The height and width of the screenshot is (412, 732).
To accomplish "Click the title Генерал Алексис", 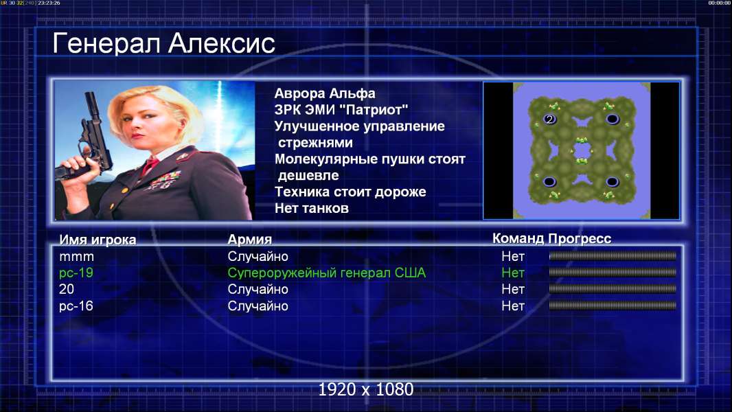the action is (163, 43).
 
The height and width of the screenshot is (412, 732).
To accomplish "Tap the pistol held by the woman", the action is (89, 140).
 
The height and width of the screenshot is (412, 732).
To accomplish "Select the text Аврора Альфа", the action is (324, 93).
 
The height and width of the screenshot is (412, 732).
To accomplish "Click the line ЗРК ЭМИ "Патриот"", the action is (341, 110).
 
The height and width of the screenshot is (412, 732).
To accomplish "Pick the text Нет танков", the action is (311, 208).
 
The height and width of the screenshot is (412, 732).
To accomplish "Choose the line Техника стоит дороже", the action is (350, 192).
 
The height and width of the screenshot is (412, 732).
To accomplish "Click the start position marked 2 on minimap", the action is (549, 119).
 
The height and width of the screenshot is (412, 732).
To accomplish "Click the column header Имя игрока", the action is (98, 240).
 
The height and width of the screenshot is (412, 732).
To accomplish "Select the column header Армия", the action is (249, 240).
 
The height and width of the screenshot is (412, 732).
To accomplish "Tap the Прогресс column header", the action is (580, 238).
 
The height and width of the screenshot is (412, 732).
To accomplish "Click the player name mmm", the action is (76, 257).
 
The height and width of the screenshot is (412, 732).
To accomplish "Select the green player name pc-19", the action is (76, 273).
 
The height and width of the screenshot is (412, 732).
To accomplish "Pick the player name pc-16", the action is (76, 306).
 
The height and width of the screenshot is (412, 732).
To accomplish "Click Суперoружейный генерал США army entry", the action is (327, 273).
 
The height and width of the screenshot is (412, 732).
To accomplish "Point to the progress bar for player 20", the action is (613, 289).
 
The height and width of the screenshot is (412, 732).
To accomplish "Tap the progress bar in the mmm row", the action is (613, 255).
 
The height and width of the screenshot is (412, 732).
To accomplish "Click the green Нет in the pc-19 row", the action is (513, 273).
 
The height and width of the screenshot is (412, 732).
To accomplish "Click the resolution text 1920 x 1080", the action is (366, 389).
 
